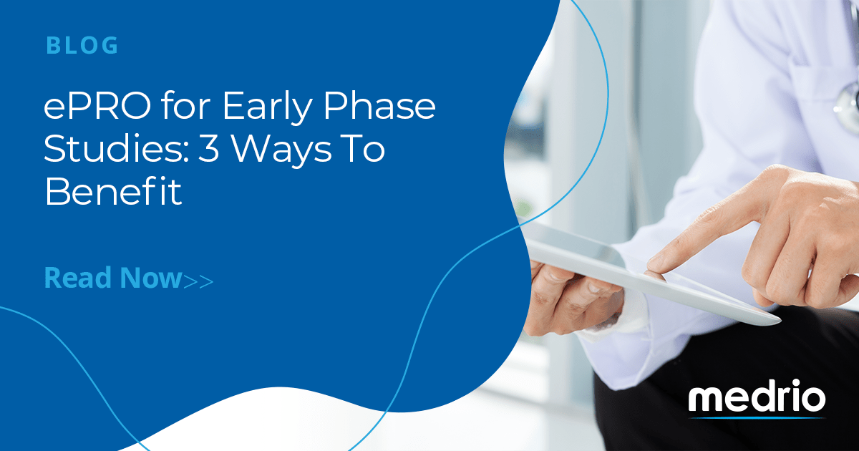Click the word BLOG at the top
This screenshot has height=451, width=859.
[x=82, y=46]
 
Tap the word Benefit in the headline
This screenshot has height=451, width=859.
[x=113, y=193]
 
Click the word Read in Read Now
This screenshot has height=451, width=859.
[x=76, y=277]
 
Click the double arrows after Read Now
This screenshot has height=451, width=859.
[x=198, y=280]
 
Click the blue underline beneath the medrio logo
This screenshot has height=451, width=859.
[x=758, y=417]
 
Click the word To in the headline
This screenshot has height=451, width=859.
[x=364, y=151]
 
